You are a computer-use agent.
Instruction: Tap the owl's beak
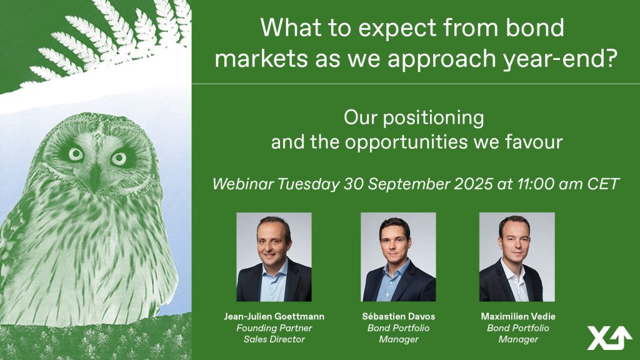pos(95,177)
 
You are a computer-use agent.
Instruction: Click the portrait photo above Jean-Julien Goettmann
pos(274,257)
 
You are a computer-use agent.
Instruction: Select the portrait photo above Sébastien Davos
pos(398,257)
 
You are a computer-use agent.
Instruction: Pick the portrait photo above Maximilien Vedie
pos(517,257)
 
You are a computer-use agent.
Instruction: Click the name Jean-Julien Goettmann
pos(274,316)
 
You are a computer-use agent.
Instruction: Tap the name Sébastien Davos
pos(398,316)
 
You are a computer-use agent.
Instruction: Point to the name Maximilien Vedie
pos(518,316)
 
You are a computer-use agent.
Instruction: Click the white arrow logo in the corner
pos(609,337)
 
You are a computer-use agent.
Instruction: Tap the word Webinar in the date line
pos(243,184)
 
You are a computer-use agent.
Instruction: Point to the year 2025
pos(473,184)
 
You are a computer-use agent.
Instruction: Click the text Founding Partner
pos(274,327)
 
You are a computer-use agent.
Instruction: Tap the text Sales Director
pos(274,339)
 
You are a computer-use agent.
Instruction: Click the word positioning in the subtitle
pos(434,118)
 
